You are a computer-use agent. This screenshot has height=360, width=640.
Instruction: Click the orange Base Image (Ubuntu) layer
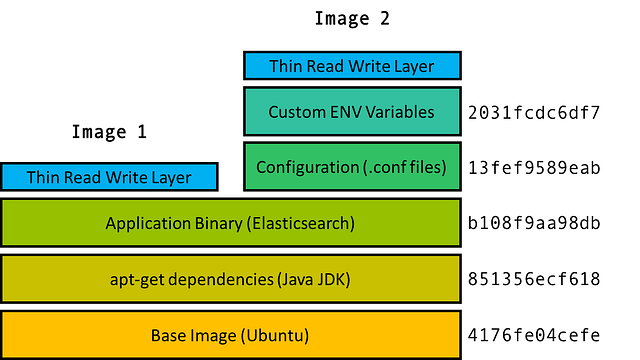230,335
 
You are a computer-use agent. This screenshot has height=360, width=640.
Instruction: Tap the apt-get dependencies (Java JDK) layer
230,279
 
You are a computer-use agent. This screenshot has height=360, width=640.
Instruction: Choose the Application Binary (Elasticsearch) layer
230,223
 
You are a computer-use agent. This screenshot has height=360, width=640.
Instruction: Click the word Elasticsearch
303,223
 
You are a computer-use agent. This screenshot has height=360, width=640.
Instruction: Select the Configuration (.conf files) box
352,167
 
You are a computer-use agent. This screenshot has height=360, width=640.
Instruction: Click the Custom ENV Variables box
352,112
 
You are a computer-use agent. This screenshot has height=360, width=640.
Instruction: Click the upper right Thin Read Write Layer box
352,67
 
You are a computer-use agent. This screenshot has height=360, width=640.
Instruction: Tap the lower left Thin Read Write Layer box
109,178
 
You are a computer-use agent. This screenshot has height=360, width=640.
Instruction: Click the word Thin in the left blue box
44,178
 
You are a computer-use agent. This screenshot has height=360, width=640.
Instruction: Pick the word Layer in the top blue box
414,67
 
